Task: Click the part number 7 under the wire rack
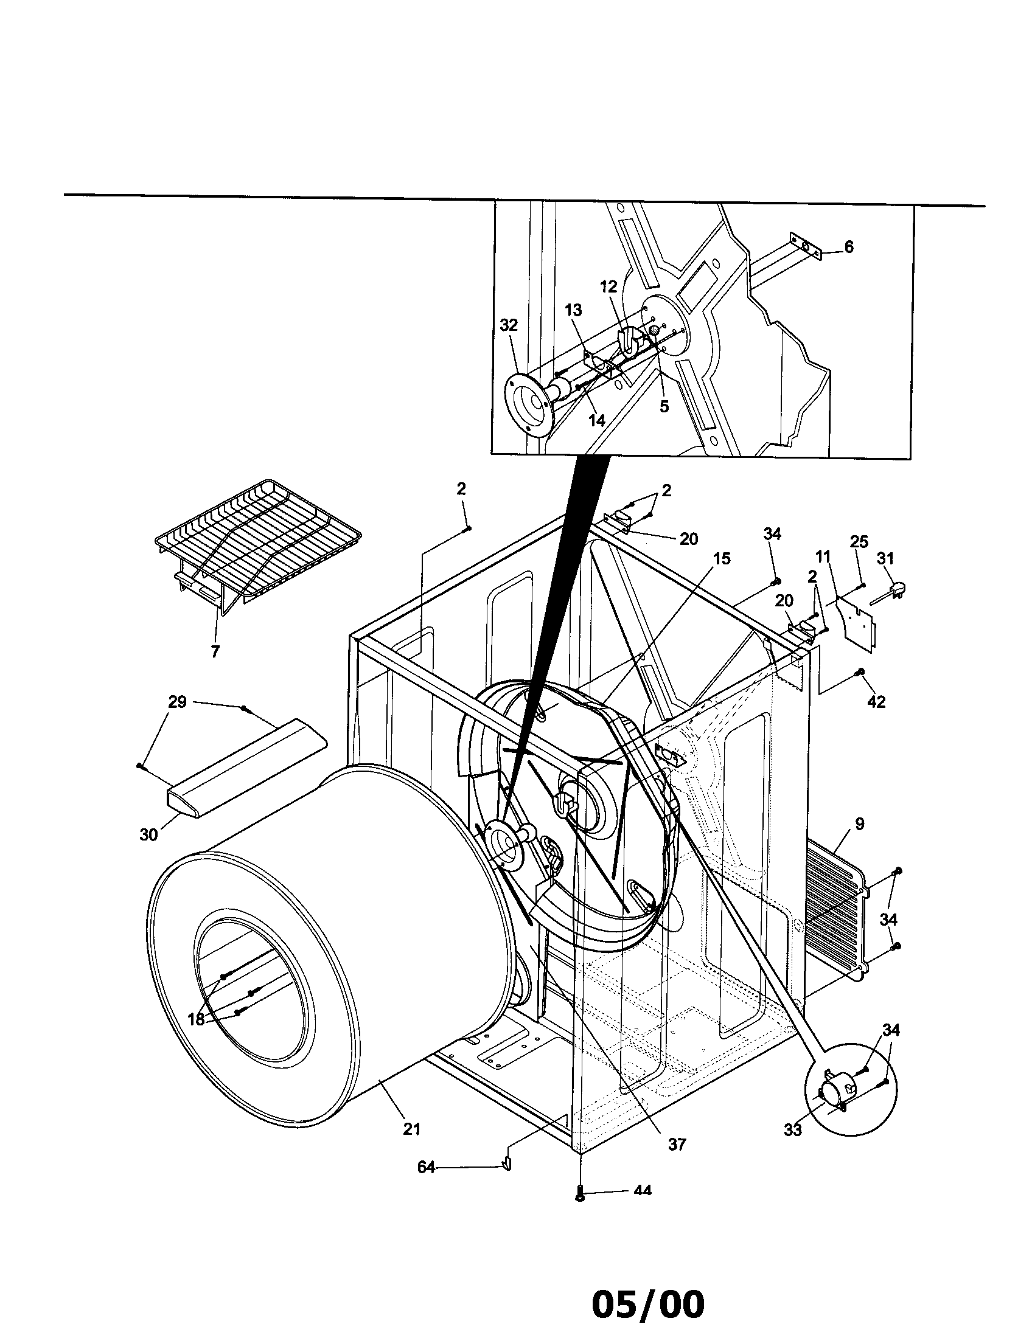pyautogui.click(x=215, y=652)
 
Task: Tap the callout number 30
pyautogui.click(x=148, y=834)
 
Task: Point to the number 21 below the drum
pyautogui.click(x=411, y=1128)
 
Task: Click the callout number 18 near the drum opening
pyautogui.click(x=195, y=1019)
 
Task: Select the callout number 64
pyautogui.click(x=426, y=1168)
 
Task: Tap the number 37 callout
pyautogui.click(x=677, y=1144)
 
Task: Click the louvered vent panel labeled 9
pyautogui.click(x=835, y=907)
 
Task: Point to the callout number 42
pyautogui.click(x=876, y=702)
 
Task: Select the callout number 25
pyautogui.click(x=859, y=541)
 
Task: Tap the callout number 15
pyautogui.click(x=722, y=559)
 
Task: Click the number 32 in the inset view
pyautogui.click(x=509, y=325)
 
